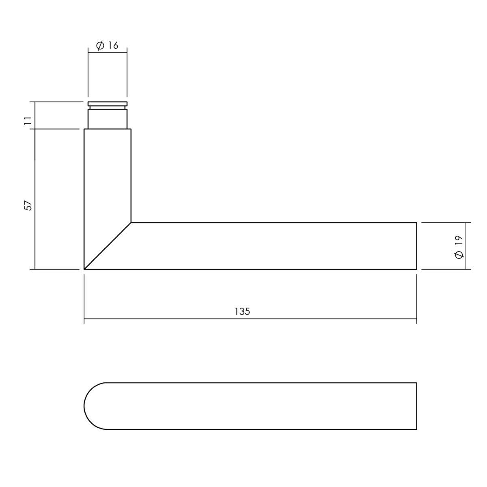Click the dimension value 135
(x=242, y=311)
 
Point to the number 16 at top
(x=113, y=45)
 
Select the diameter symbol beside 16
(x=100, y=46)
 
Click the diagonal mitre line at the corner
(x=108, y=246)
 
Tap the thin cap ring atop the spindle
(x=108, y=103)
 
